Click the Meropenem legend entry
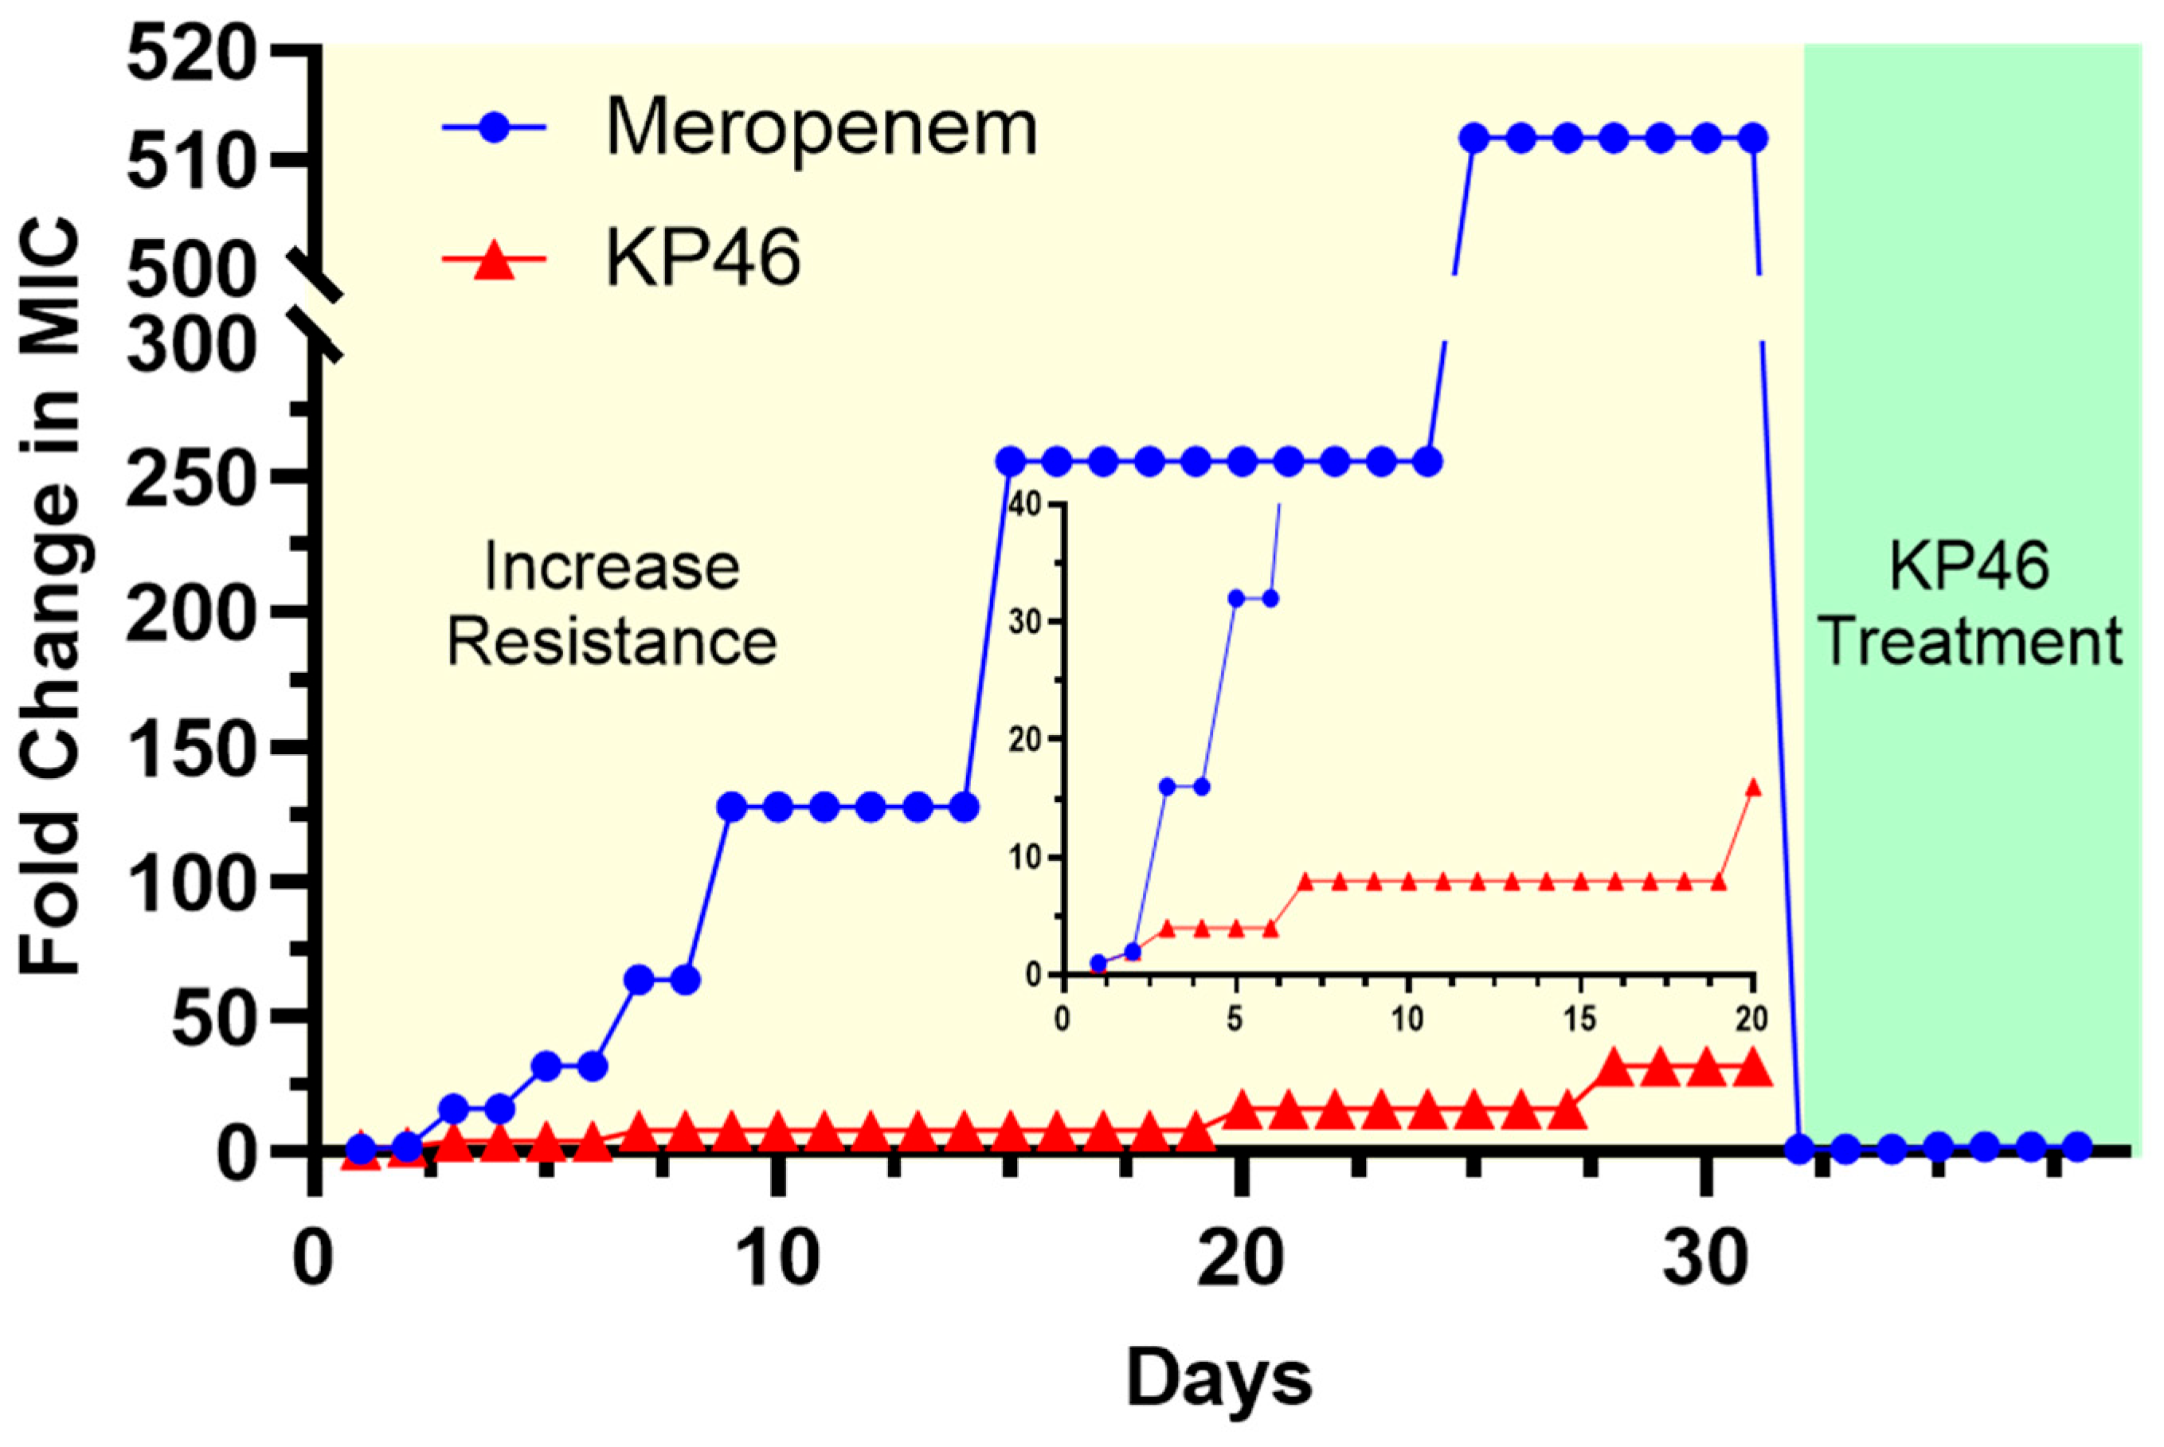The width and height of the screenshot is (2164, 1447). (x=738, y=127)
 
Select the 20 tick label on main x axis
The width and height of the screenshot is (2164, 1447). (x=1240, y=1259)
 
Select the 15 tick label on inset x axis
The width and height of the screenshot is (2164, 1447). (x=1580, y=1019)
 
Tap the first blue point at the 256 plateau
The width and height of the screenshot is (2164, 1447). (x=1011, y=460)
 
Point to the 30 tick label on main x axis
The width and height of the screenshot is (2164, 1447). (x=1704, y=1259)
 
